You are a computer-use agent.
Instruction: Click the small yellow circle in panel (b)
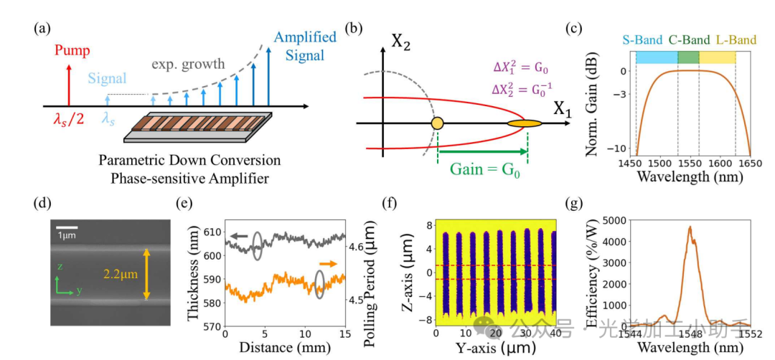tap(437, 124)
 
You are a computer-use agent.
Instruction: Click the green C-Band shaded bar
tap(688, 57)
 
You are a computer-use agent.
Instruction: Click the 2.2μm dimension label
tap(119, 273)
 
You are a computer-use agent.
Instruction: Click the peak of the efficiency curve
tap(690, 228)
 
